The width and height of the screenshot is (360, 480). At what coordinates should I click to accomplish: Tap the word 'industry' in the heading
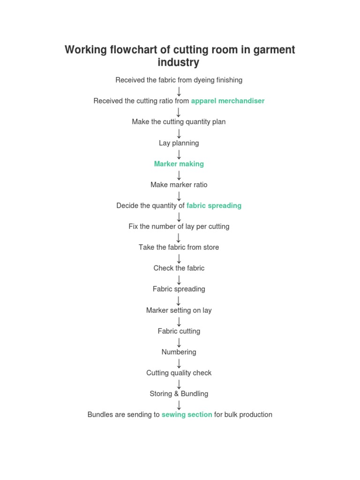[179, 62]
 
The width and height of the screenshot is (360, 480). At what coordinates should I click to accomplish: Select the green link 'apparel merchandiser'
[228, 101]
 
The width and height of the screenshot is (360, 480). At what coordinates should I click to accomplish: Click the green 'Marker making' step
[179, 164]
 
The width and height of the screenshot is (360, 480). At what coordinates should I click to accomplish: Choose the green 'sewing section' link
[187, 414]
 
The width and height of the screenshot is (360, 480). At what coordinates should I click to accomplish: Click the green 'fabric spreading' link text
[214, 205]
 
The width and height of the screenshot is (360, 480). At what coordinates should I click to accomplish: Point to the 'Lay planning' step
[179, 143]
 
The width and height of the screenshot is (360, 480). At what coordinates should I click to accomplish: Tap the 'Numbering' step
[179, 352]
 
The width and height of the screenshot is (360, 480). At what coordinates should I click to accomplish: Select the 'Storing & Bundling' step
[179, 394]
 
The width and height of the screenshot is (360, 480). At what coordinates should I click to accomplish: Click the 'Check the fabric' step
[179, 268]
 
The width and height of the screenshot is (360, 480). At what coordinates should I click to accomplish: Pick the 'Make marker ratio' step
[179, 185]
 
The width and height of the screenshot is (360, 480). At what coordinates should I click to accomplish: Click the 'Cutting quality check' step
[179, 373]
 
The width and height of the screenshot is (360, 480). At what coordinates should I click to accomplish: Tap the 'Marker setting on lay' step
[179, 310]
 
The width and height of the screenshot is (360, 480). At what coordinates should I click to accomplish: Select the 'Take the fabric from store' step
[179, 247]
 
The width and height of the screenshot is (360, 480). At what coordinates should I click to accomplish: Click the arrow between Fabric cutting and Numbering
[179, 342]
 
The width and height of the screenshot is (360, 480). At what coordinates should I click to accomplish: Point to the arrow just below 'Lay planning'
[179, 154]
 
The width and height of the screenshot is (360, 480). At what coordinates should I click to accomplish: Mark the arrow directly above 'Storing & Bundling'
[179, 384]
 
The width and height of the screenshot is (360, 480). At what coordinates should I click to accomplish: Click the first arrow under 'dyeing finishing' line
[179, 91]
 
